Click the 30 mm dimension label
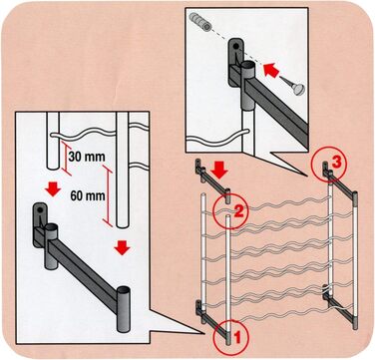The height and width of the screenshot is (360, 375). click(x=87, y=157)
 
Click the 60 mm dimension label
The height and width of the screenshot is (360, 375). click(x=88, y=196)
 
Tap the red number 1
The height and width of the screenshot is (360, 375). click(x=236, y=338)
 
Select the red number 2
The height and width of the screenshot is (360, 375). click(x=239, y=211)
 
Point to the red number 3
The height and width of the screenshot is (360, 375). click(x=336, y=164)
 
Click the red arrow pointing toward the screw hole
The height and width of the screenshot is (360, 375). click(x=271, y=71)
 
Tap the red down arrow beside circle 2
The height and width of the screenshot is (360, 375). click(x=219, y=171)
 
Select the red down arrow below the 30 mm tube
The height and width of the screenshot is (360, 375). click(x=53, y=188)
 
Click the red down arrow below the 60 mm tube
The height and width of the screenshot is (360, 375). click(x=122, y=247)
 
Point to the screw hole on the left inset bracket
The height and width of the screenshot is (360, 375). click(x=40, y=210)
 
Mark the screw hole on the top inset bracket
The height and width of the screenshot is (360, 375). click(x=235, y=47)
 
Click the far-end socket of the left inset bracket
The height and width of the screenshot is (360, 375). click(x=123, y=308)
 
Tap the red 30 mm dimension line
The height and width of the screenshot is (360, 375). click(x=66, y=158)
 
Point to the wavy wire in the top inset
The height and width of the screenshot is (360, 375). click(x=212, y=139)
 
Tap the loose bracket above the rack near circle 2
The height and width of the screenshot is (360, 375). click(x=212, y=180)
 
